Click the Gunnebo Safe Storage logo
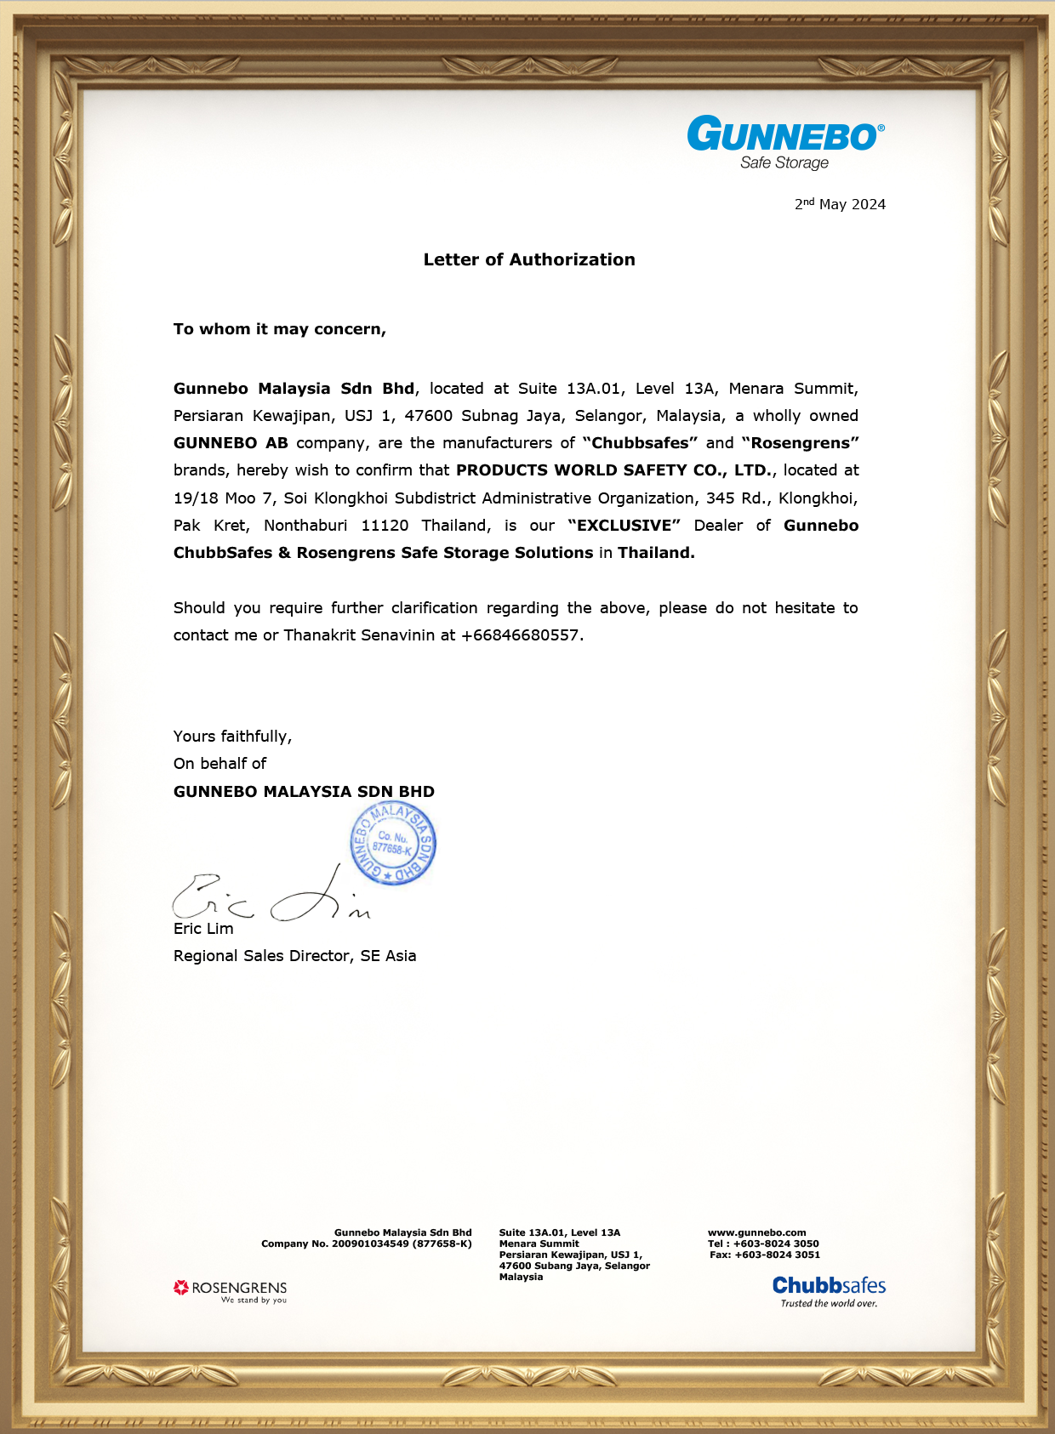[x=785, y=143]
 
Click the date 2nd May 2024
[x=840, y=204]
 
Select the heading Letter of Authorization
[x=529, y=260]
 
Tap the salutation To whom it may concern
[x=279, y=329]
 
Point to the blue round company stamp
[x=393, y=844]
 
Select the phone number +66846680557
[x=520, y=635]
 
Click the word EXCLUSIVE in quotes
[x=624, y=526]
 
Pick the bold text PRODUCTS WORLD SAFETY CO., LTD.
[x=614, y=470]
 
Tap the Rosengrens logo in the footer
[x=231, y=1291]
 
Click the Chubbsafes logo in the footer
[x=829, y=1290]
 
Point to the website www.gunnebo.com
[x=756, y=1232]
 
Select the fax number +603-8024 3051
[x=777, y=1255]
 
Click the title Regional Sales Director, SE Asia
[x=294, y=956]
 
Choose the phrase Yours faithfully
[x=232, y=737]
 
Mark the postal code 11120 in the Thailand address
[x=385, y=526]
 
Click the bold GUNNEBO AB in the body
[x=231, y=443]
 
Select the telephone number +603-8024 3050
[x=776, y=1243]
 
